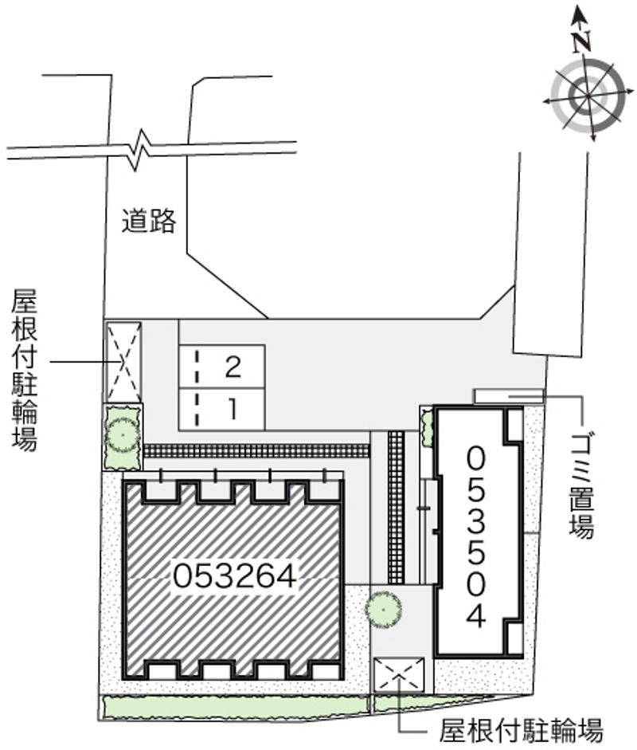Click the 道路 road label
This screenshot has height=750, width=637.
point(149,221)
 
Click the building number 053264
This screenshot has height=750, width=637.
point(235,575)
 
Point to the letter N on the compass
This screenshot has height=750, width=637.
point(581,41)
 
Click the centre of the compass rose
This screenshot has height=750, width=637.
point(588,96)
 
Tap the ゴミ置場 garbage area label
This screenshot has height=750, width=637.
point(581,485)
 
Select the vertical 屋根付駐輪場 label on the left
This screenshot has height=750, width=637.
point(25,370)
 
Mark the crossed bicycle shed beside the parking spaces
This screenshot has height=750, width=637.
point(123,362)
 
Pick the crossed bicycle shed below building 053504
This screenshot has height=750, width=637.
point(399,674)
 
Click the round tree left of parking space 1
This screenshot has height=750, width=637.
point(123,435)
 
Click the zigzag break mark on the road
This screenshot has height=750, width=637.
point(139,149)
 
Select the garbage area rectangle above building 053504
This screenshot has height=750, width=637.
point(509,397)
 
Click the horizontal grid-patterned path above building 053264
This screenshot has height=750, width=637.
point(256,451)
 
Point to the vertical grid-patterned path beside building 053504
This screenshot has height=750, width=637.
point(397,507)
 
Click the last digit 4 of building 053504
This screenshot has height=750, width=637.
point(475,615)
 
